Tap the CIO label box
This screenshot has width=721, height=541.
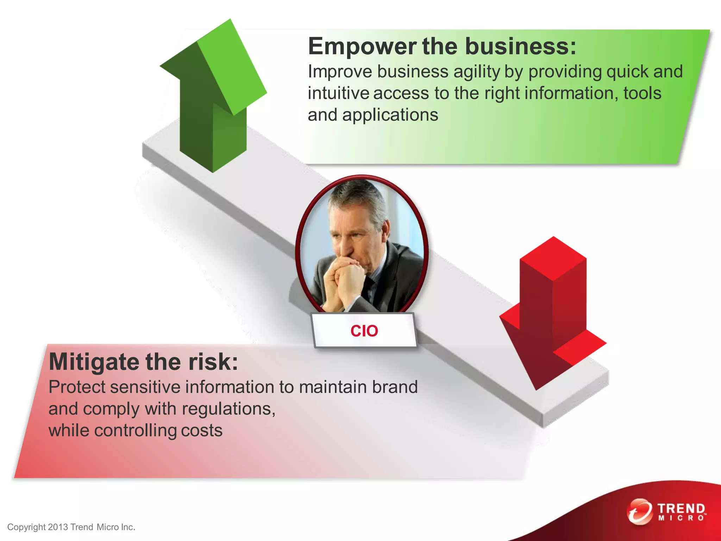click(x=364, y=331)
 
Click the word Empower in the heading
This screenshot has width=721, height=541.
click(x=362, y=46)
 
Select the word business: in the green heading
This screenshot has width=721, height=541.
click(x=521, y=46)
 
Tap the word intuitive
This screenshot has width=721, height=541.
click(x=338, y=93)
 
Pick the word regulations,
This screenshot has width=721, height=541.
click(x=228, y=409)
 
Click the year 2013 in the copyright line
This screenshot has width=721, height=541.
click(x=58, y=527)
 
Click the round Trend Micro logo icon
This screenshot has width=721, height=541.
click(x=639, y=511)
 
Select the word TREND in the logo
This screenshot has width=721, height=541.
click(x=681, y=508)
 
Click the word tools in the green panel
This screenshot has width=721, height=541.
click(x=642, y=93)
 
